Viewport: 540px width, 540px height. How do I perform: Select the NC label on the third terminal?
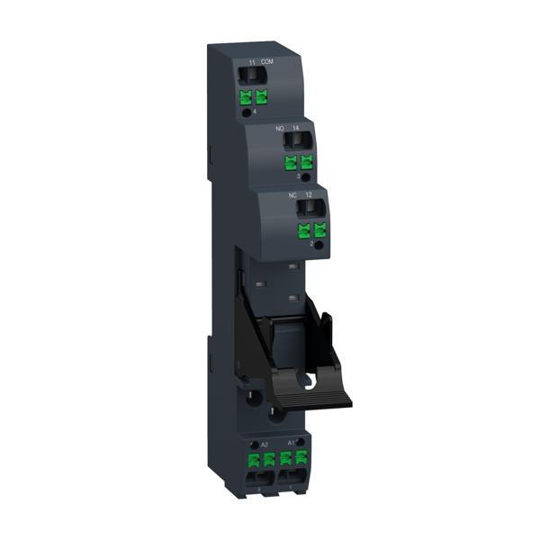click(x=293, y=194)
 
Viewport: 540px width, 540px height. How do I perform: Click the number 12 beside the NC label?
click(x=309, y=194)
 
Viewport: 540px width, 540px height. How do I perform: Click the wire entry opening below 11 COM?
click(x=253, y=76)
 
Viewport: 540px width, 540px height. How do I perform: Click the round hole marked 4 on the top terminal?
click(x=248, y=112)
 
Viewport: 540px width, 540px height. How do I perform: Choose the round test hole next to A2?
click(x=251, y=441)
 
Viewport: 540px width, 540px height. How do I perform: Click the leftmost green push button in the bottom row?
click(x=254, y=461)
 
